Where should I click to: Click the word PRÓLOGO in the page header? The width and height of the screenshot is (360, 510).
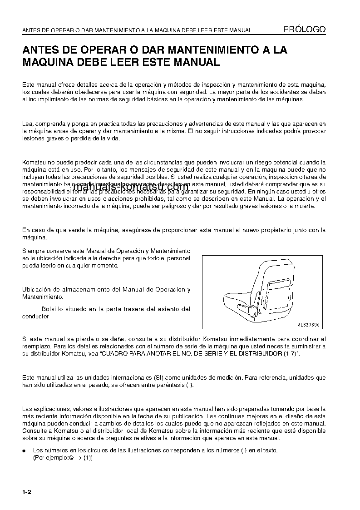click(304, 29)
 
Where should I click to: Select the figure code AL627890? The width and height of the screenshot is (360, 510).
click(308, 325)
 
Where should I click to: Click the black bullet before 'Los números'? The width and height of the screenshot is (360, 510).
click(25, 451)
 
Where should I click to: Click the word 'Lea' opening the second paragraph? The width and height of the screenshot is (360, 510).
click(27, 124)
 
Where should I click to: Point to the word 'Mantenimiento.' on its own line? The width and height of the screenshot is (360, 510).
click(43, 297)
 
